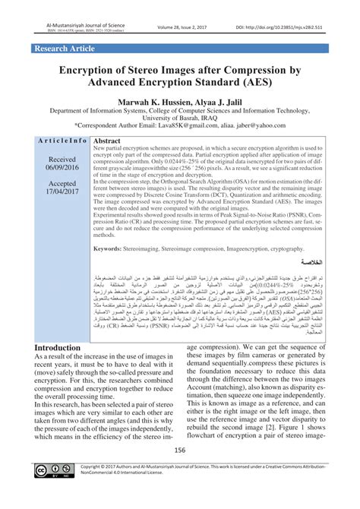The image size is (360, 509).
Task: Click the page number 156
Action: (179, 472)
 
